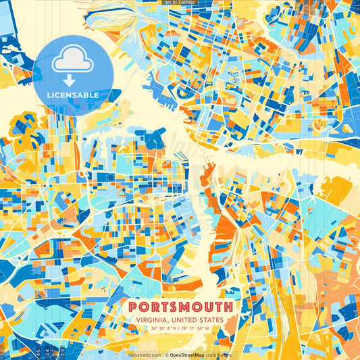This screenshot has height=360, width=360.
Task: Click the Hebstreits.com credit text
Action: pyautogui.click(x=145, y=355)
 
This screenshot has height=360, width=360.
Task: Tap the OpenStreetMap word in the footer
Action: pyautogui.click(x=188, y=355)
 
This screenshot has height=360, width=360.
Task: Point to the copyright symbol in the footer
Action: pyautogui.click(x=165, y=355)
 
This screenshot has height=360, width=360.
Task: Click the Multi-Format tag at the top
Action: pyautogui.click(x=180, y=3)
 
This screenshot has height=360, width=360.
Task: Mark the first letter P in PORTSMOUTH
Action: pyautogui.click(x=130, y=307)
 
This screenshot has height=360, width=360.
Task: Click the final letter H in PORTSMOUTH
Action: pyautogui.click(x=230, y=307)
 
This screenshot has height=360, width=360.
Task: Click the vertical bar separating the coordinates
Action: pyautogui.click(x=180, y=329)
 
